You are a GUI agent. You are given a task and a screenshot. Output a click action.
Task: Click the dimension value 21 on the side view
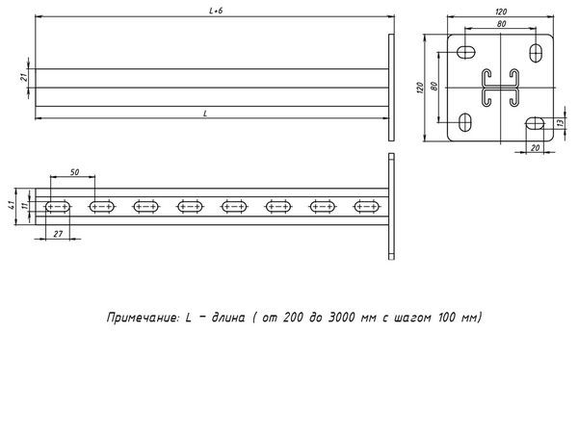point(24,78)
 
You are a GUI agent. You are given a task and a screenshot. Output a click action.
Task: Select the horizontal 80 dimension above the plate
point(502,23)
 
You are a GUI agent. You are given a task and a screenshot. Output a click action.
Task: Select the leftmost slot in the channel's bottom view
point(56,205)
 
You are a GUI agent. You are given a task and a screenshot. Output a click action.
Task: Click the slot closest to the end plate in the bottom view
point(365,205)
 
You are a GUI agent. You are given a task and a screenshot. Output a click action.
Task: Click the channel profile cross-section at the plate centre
point(502,88)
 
